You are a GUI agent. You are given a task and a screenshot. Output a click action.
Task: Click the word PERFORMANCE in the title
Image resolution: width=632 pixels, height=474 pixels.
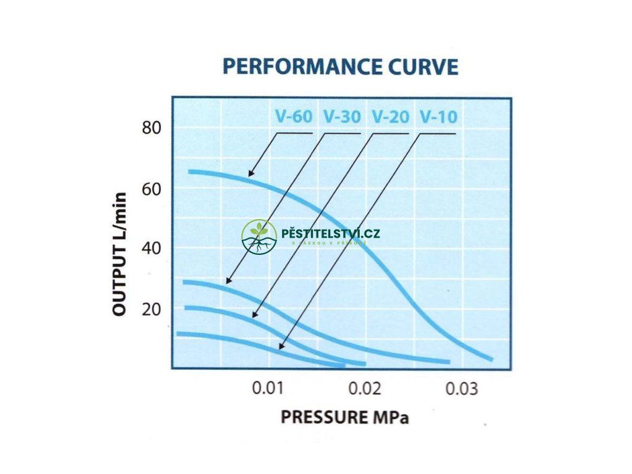click(x=302, y=66)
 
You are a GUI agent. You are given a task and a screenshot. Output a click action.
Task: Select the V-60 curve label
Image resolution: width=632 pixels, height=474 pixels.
click(x=293, y=117)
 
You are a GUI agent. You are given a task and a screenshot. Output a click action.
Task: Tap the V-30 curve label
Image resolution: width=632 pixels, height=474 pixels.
click(x=341, y=117)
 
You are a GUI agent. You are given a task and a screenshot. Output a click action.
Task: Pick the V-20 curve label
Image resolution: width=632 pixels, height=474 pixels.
click(x=390, y=117)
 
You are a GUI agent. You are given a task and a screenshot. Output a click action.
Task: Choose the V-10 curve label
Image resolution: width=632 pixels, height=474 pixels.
click(x=438, y=117)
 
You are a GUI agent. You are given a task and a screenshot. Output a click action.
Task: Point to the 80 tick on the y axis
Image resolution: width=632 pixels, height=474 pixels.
click(x=152, y=128)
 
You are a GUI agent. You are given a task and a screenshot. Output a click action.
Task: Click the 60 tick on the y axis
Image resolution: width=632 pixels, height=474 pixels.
click(x=152, y=188)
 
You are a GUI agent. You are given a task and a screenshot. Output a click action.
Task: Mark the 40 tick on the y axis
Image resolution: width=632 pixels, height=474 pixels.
click(x=152, y=248)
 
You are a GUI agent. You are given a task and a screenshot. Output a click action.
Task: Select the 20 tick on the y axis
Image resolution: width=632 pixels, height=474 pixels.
click(x=152, y=309)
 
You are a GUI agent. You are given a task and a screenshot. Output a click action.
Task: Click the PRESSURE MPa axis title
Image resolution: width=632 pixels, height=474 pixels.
click(x=344, y=417)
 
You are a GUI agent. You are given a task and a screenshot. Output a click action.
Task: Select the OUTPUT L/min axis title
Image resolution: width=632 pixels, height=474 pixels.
click(x=121, y=254)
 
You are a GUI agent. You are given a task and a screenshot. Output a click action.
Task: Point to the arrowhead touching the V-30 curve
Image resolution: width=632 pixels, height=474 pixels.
click(x=228, y=281)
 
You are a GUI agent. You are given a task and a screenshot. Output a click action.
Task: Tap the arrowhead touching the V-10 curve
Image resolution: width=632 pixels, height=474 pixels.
click(x=281, y=347)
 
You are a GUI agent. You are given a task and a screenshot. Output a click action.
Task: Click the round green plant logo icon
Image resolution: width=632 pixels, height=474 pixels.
click(x=259, y=236)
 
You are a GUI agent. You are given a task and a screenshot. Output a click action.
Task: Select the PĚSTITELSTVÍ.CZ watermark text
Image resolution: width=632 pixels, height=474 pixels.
click(x=330, y=234)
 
